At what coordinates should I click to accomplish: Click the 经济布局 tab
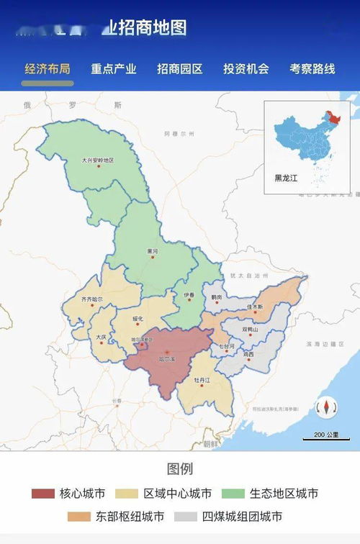(x=48, y=69)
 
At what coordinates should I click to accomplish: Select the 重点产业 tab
(x=114, y=69)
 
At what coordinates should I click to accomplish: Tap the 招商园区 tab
(x=180, y=69)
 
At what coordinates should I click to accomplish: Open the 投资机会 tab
(x=246, y=69)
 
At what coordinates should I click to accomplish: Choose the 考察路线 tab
(x=312, y=69)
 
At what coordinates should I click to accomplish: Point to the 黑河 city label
(x=151, y=252)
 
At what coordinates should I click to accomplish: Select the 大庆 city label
(x=101, y=336)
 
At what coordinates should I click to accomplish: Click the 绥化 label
(x=139, y=318)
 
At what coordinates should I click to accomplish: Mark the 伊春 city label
(x=189, y=295)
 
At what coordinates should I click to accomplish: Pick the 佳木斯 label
(x=255, y=307)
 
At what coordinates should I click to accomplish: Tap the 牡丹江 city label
(x=202, y=378)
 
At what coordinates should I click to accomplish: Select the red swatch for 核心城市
(x=43, y=494)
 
